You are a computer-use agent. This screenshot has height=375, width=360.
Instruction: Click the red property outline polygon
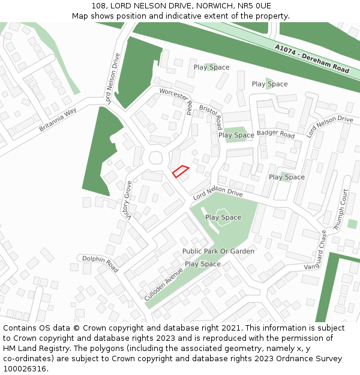click(x=181, y=172)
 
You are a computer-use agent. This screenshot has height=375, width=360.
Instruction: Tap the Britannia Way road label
click(x=58, y=120)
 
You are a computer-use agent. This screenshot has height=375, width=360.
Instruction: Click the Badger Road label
click(x=276, y=134)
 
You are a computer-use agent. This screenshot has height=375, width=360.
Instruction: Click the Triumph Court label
click(x=340, y=210)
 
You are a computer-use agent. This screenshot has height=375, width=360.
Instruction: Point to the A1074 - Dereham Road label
click(x=312, y=59)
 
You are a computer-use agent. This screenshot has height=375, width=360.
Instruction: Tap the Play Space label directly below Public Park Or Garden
click(x=203, y=264)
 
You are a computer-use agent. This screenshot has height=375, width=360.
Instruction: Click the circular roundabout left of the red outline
click(x=156, y=158)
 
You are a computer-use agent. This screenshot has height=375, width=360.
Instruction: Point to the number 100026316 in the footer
click(x=25, y=368)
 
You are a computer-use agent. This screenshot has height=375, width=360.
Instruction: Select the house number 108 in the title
click(x=99, y=6)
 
